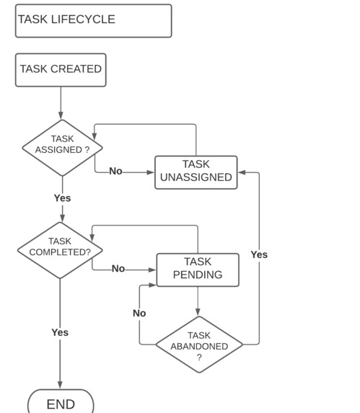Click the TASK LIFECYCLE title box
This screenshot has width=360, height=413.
93,21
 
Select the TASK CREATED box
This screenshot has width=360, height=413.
61,70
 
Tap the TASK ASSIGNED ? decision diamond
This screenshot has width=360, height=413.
62,148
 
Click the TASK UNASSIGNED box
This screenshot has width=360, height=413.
196,172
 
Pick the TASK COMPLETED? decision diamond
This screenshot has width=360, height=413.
60,250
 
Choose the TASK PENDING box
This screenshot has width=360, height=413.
197,270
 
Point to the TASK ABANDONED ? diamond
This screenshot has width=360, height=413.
199,345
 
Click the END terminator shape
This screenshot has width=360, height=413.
61,403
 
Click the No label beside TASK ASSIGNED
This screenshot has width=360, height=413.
115,172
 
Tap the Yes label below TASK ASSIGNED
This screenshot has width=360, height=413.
62,197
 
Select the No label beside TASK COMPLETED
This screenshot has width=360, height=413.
118,269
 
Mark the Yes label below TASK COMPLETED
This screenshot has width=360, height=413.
60,332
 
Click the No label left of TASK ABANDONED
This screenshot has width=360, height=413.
139,313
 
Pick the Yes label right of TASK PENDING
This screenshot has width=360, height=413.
258,254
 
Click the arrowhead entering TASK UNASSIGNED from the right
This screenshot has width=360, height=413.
242,173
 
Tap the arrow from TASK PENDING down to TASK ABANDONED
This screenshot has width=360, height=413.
198,301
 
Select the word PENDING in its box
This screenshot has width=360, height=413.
197,275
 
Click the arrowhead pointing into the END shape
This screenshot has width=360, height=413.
60,386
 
